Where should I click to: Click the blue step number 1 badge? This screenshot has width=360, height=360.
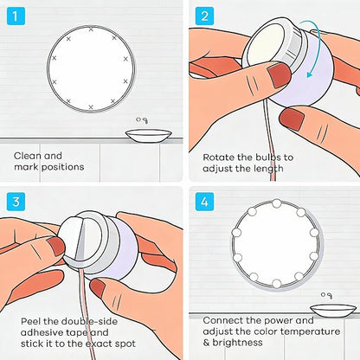pos(16,16)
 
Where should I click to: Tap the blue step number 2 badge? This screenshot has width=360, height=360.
pos(204,16)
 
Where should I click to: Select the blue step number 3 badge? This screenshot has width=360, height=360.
pos(16,202)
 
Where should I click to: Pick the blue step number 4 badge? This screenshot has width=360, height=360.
pos(204,202)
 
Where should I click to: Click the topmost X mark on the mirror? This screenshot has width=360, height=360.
pos(91,29)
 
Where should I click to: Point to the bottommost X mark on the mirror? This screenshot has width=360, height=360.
pos(91,107)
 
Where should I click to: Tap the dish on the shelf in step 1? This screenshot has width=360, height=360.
pos(149,136)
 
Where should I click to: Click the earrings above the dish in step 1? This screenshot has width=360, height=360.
pos(142,120)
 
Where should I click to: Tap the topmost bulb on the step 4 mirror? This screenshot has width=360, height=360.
pos(277,203)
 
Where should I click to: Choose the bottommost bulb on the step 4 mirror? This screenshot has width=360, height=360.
pos(276,283)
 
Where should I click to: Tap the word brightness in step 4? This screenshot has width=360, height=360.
pos(238,343)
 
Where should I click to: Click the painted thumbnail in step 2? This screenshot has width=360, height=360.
pos(279,75)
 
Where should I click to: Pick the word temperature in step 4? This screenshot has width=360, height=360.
pos(310,331)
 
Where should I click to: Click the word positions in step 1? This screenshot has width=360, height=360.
pos(62,167)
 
